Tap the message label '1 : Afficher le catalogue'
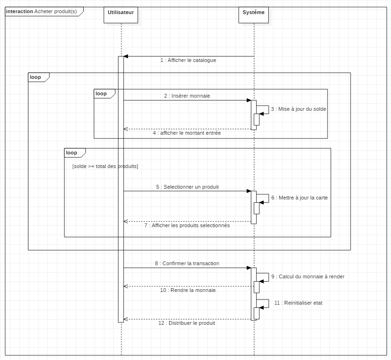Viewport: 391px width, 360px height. [188, 61]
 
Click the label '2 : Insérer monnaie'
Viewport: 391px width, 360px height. [187, 96]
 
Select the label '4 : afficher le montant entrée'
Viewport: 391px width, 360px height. [187, 133]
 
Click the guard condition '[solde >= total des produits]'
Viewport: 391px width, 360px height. [105, 166]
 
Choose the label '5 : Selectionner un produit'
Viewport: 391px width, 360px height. [188, 187]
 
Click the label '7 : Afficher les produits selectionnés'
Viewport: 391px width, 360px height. [187, 225]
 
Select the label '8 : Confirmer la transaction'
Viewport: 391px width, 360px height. [187, 264]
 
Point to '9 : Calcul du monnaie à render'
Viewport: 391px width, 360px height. [308, 277]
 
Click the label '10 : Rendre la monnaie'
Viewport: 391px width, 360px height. [188, 291]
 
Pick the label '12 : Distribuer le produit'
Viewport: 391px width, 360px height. [187, 323]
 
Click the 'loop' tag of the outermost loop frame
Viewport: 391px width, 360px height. [35, 77]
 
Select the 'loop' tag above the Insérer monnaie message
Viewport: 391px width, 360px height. [101, 94]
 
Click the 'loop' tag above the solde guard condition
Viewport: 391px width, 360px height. [71, 153]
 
